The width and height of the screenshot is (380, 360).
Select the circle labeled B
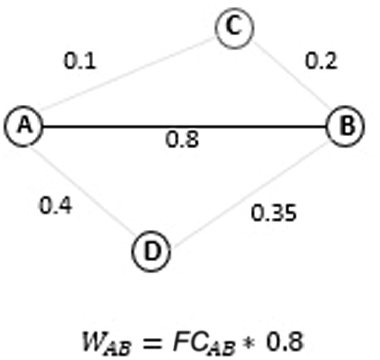346,126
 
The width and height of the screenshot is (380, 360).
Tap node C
234,28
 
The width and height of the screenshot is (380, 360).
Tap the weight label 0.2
320,61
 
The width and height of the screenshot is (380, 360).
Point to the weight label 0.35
274,213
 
